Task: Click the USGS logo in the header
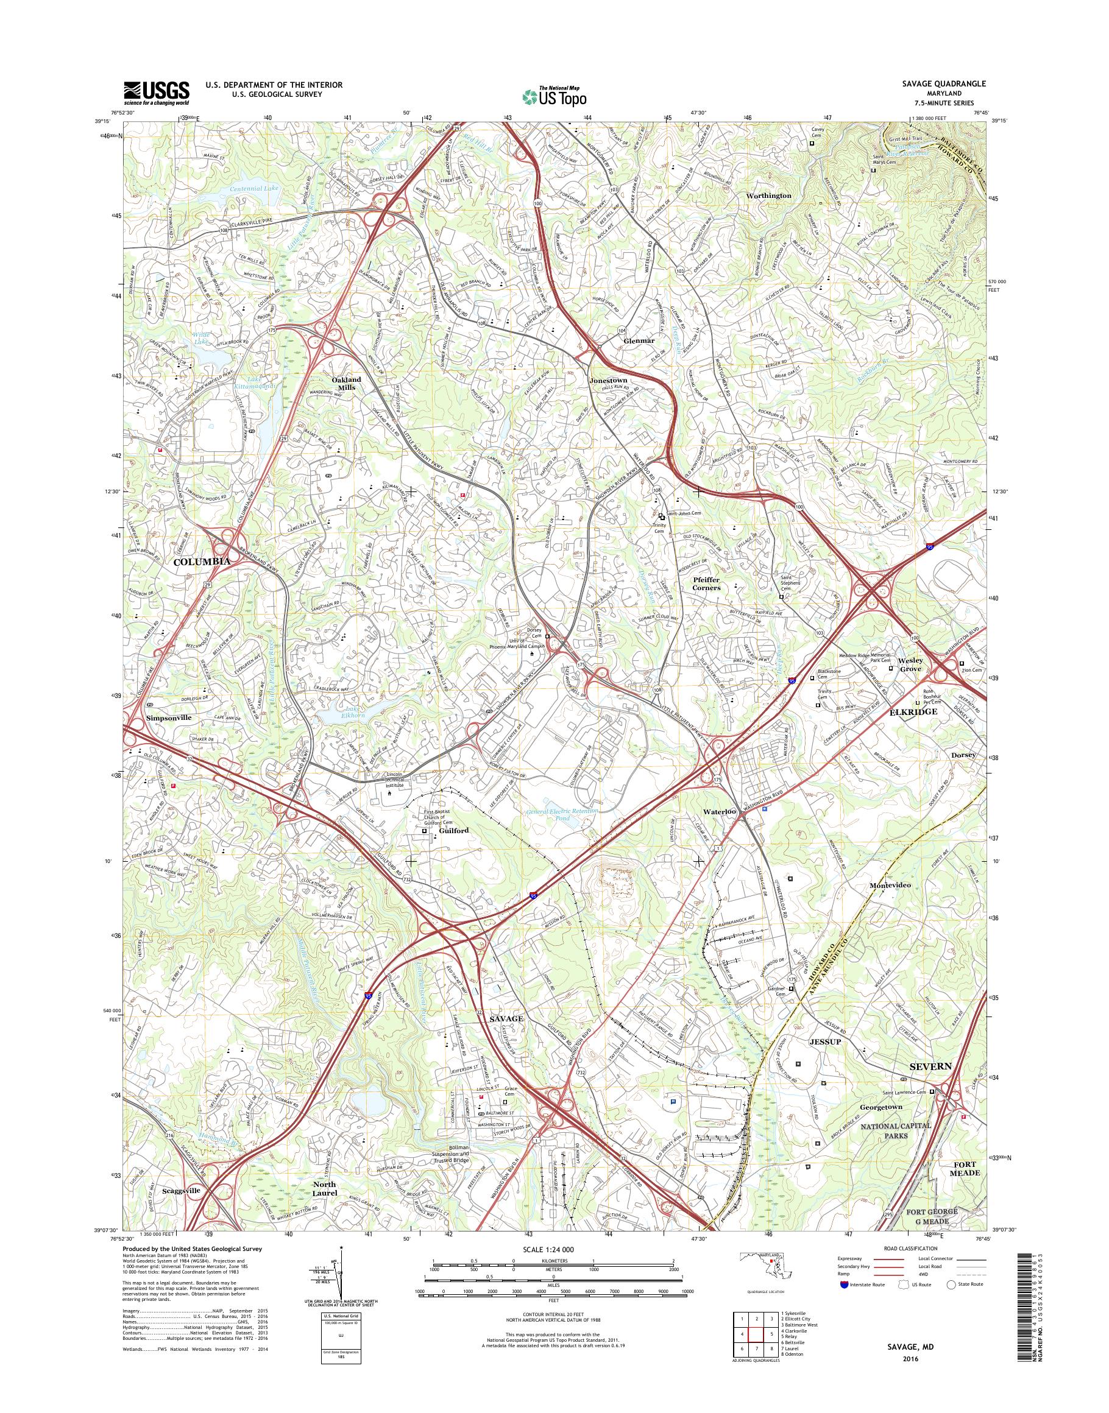coord(157,93)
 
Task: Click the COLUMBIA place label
coord(202,562)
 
